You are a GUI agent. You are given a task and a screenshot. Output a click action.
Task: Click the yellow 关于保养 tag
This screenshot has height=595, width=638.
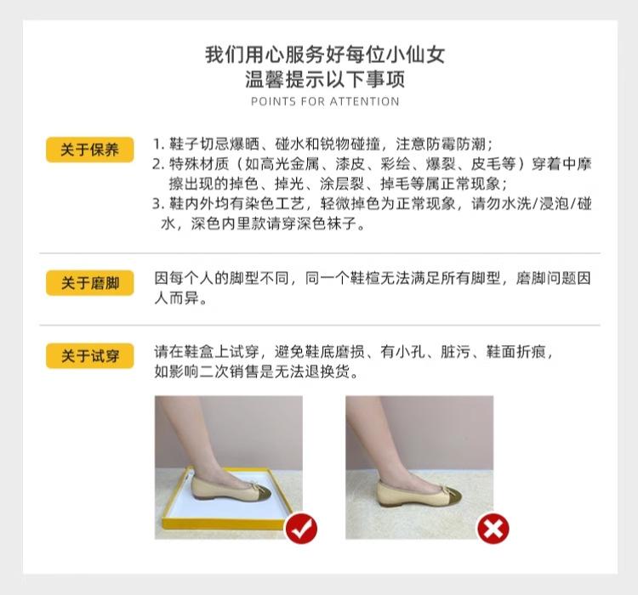coord(89,150)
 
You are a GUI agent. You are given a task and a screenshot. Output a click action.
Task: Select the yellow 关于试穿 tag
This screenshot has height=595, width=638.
coord(89,355)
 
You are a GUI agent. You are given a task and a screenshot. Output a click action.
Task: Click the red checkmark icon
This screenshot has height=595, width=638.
coord(300,529)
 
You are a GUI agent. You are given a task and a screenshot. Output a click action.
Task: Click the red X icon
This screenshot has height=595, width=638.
coord(492,529)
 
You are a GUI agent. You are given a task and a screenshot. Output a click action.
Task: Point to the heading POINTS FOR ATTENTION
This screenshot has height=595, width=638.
coord(325,102)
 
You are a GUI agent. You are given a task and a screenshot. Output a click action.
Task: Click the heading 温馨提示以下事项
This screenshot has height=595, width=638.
coord(325,81)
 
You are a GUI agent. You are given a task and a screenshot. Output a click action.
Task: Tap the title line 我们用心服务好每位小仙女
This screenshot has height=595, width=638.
coord(325,56)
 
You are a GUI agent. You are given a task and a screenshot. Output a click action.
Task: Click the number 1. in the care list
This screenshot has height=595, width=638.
coord(159,143)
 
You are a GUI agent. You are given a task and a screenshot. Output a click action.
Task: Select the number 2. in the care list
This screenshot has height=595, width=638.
coord(159,163)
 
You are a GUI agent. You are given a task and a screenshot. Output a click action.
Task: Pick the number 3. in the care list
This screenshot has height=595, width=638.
coord(159,204)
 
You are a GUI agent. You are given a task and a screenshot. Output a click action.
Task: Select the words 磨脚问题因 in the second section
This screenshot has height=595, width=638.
coord(553,279)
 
